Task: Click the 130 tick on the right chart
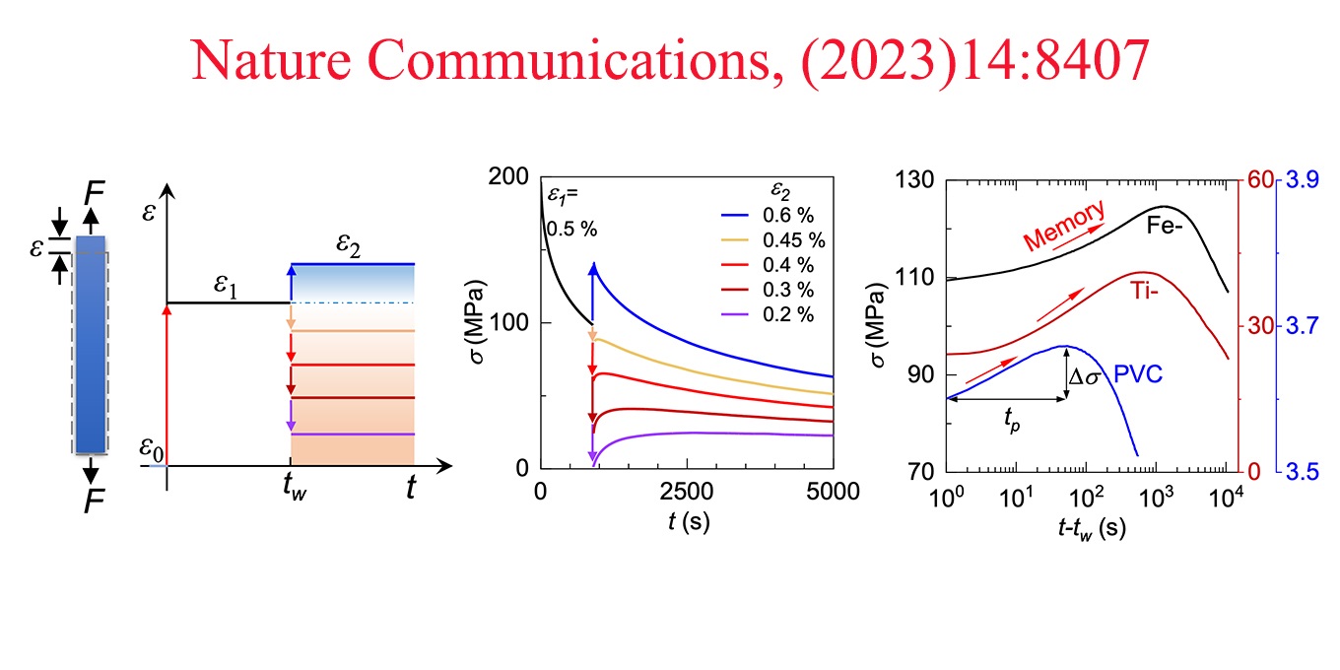pyautogui.click(x=918, y=182)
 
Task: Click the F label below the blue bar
pyautogui.click(x=94, y=501)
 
